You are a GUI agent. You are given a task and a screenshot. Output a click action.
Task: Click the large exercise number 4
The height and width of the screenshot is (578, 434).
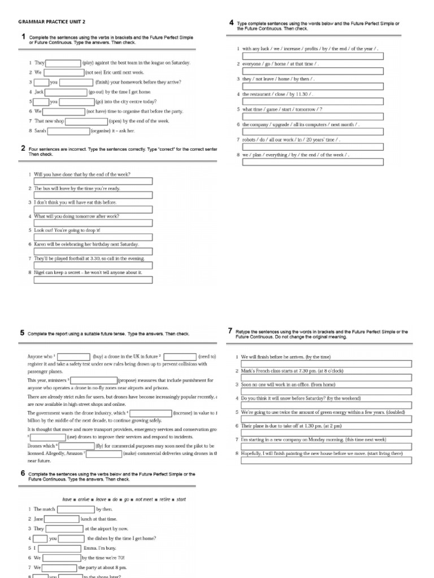(x=232, y=23)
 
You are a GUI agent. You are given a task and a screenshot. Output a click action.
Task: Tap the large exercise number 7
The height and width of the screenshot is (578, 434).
(x=231, y=331)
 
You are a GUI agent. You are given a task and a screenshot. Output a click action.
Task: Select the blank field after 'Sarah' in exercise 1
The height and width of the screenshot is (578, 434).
(x=68, y=131)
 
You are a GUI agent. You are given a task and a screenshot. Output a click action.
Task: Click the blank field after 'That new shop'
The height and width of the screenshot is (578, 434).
(x=86, y=121)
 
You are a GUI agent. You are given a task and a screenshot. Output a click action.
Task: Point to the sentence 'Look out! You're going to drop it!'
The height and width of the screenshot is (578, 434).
(x=67, y=230)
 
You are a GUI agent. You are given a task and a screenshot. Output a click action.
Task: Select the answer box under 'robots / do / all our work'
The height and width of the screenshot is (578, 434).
(x=313, y=147)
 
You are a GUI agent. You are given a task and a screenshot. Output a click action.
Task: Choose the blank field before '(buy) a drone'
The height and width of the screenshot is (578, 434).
(x=73, y=357)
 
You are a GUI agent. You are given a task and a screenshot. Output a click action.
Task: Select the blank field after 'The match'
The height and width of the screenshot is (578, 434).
(x=76, y=509)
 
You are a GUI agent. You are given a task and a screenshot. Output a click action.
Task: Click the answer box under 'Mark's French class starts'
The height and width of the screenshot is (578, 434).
(x=327, y=378)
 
